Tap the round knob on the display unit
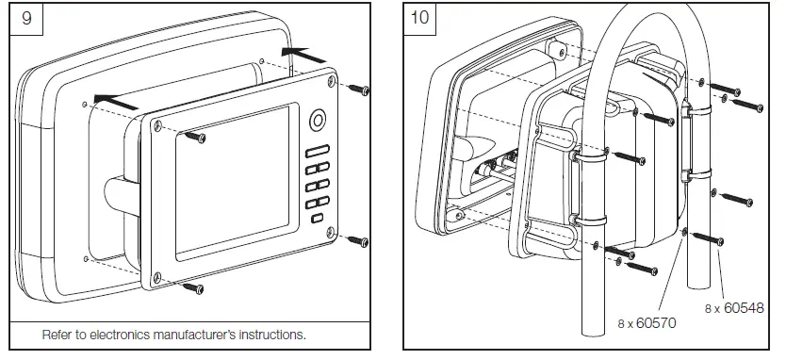pyautogui.click(x=316, y=121)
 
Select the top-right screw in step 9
pyautogui.click(x=359, y=90)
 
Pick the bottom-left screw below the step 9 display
pyautogui.click(x=193, y=286)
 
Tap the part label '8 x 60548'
pyautogui.click(x=734, y=307)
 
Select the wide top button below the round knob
pyautogui.click(x=316, y=149)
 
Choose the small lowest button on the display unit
pyautogui.click(x=316, y=219)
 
